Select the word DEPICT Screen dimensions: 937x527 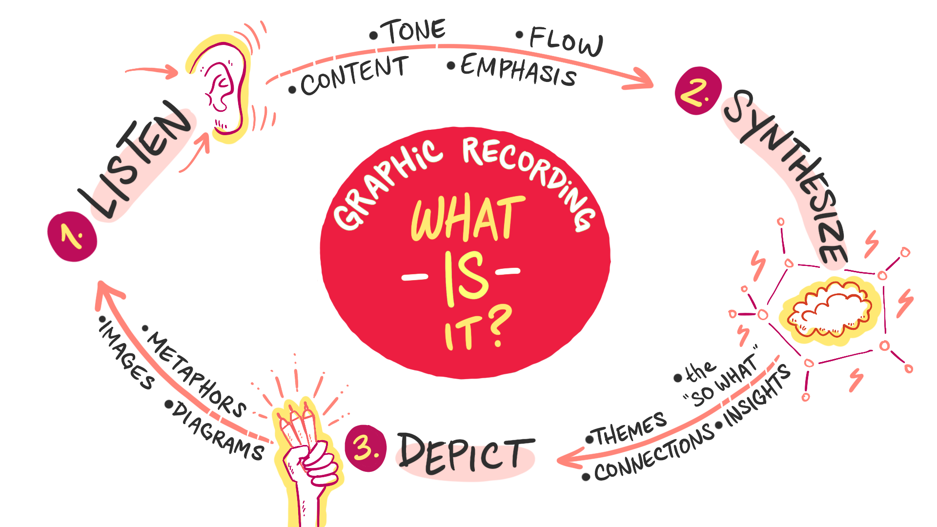466,454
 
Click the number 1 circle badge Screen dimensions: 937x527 72,237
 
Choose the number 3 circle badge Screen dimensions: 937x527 366,447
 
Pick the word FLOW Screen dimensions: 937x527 566,41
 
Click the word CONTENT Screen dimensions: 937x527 354,76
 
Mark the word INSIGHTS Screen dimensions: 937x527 757,395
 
